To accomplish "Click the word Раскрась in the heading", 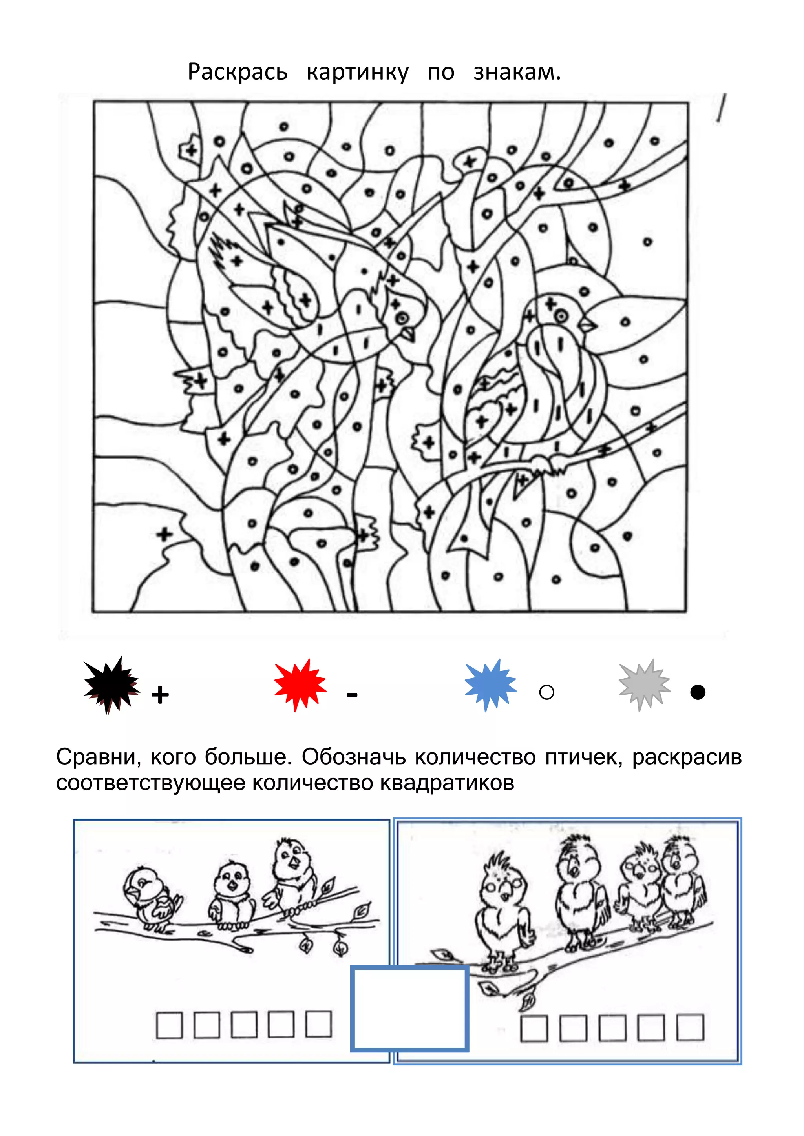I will (x=237, y=72).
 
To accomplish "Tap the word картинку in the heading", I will (x=358, y=72).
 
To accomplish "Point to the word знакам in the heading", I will (x=516, y=72).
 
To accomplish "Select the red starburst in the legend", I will (x=300, y=685).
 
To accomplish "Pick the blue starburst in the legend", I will (x=490, y=685).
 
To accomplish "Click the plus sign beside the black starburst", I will (x=160, y=695).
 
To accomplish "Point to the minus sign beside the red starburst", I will (x=352, y=695).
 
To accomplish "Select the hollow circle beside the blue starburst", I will (x=546, y=692).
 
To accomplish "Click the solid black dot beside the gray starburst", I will (x=698, y=692).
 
